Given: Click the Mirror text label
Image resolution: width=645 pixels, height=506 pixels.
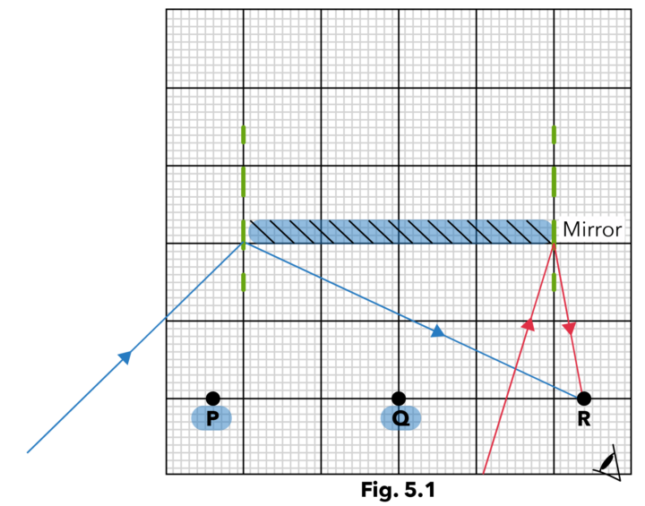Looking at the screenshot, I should click(591, 229).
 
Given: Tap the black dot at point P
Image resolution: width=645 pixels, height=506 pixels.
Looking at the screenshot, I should click(212, 398).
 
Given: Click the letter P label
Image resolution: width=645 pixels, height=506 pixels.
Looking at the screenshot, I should click(211, 418).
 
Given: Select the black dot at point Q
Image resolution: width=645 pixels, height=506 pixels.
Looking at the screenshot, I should click(399, 398).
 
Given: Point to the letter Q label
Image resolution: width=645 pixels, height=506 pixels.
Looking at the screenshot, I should click(400, 418).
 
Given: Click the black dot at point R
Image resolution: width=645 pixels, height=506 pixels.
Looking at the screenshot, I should click(583, 398).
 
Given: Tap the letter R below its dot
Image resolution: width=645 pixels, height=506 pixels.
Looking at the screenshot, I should click(583, 417).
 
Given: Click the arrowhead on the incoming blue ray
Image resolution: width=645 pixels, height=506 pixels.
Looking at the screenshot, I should click(125, 357).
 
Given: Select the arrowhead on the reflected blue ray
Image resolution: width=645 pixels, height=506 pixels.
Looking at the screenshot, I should click(437, 332).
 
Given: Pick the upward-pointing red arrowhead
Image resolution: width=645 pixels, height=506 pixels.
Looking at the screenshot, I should click(529, 324).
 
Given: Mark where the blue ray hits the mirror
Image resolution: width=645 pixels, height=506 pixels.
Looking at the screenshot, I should click(243, 244).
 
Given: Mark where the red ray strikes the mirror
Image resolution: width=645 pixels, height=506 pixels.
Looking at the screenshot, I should click(554, 244).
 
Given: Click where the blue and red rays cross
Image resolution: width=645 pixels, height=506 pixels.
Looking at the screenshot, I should click(515, 367).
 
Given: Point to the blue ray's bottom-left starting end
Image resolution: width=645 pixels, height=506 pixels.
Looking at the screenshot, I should click(28, 452).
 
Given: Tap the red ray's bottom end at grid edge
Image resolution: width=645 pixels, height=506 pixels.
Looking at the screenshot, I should click(484, 471).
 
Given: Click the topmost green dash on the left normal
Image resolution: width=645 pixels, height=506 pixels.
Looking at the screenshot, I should click(243, 134).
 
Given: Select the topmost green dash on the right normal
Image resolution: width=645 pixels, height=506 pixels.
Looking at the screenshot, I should click(554, 134).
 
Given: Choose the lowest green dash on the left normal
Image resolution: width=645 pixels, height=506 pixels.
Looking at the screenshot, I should click(243, 281).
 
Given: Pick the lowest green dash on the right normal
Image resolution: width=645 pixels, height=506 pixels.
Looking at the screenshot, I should click(554, 281).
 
